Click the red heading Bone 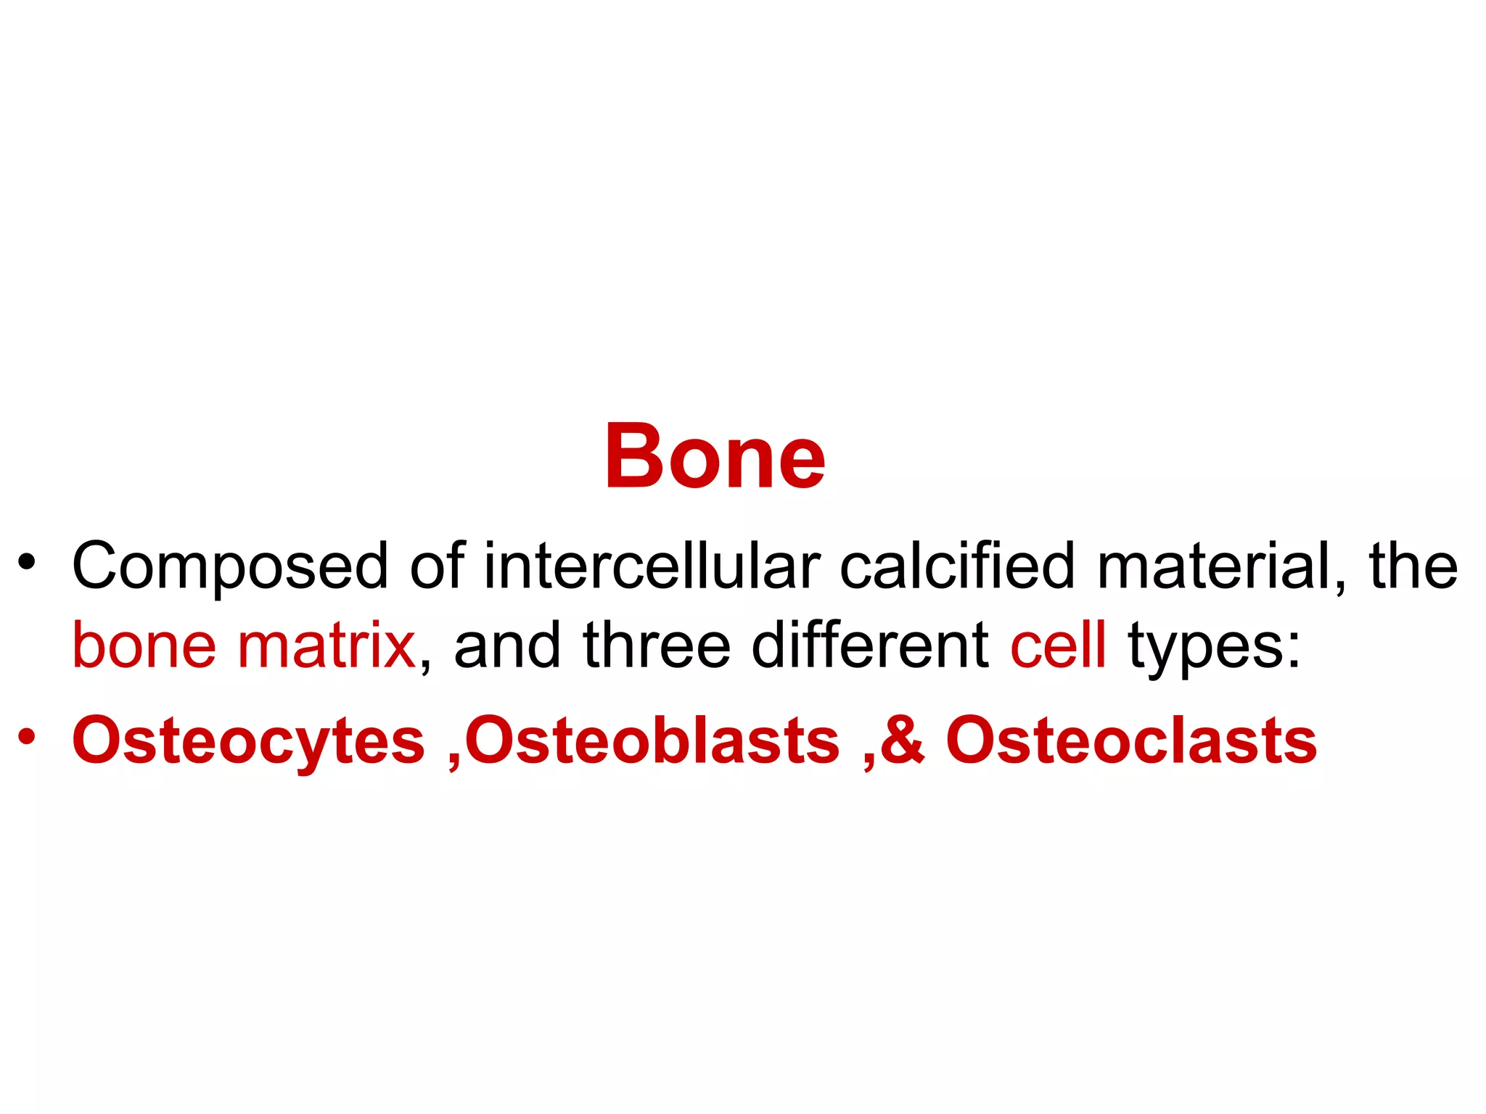[715, 457]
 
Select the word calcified [956, 566]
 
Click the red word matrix [326, 645]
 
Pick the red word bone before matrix [144, 645]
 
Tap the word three [656, 645]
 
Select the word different [869, 645]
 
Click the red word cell [1058, 645]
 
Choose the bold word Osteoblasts [652, 740]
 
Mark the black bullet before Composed [27, 562]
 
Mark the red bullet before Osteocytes [27, 736]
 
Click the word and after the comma [506, 645]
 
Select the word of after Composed [437, 566]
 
